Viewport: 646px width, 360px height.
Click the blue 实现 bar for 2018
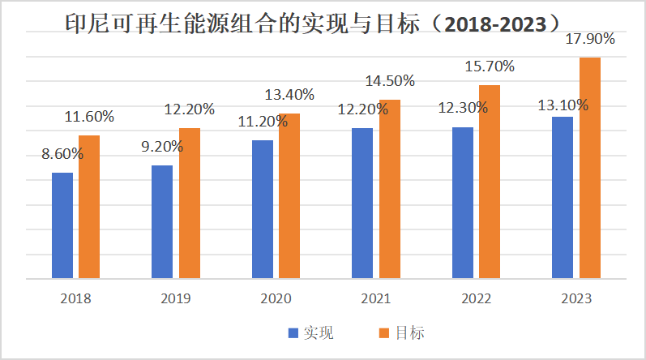[62, 225]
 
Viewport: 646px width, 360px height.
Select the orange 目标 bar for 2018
[89, 207]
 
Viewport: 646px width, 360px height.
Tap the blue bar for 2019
[162, 222]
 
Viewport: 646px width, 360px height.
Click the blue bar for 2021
[362, 204]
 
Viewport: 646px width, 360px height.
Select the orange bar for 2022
[490, 182]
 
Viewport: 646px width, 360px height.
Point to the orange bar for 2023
[589, 168]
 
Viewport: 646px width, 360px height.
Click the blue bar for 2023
[563, 198]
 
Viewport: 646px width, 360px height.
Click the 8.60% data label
[63, 154]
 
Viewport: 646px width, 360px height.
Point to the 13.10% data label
[561, 105]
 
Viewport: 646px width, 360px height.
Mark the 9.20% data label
[161, 147]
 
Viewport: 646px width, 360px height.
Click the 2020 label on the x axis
[276, 298]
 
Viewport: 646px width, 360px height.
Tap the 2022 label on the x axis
[476, 298]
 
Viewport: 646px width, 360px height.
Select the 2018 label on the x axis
[75, 298]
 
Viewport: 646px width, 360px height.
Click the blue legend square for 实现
[293, 332]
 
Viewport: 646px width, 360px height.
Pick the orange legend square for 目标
[385, 332]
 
